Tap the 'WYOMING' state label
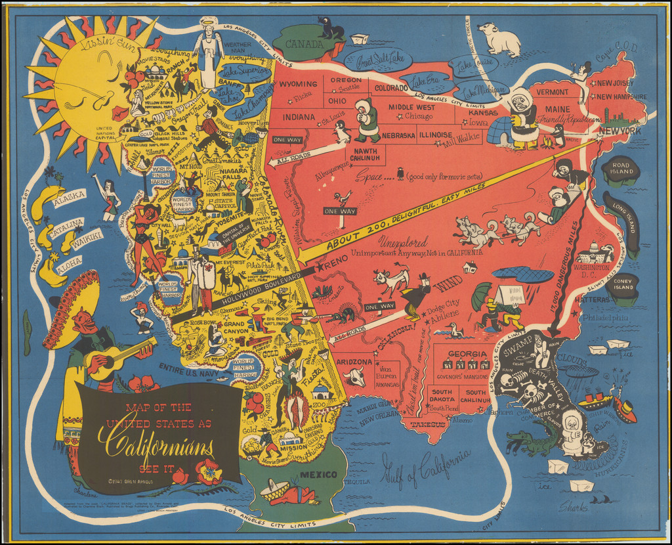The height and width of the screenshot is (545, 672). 299,85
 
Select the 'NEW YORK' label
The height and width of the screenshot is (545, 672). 619,131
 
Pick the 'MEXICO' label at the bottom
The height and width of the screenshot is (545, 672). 318,474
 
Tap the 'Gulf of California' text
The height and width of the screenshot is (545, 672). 426,469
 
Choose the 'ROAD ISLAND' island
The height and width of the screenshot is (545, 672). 620,170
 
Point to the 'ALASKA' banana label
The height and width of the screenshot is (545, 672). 68,195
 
